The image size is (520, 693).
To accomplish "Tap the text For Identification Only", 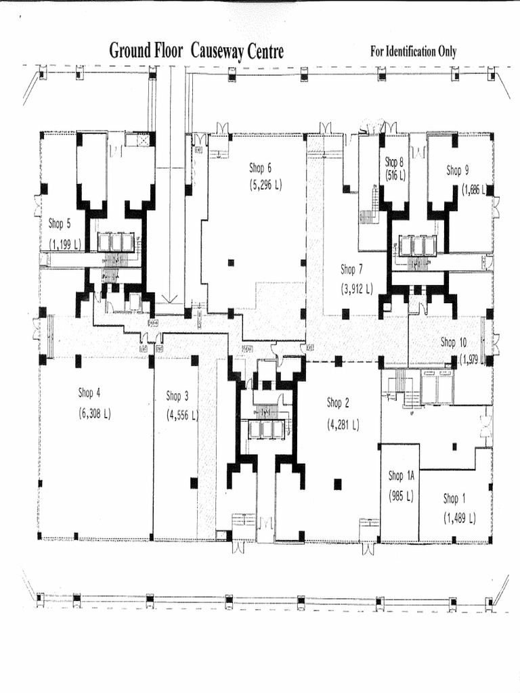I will pos(413,51).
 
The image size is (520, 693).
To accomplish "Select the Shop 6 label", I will pos(260,169).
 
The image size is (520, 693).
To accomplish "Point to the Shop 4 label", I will pos(89,393).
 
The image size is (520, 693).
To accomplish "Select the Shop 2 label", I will pos(338,403).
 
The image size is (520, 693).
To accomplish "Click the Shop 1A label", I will pos(400,476).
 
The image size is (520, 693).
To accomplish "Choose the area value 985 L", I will pos(400,495).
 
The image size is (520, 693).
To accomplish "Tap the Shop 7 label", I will pos(352,269).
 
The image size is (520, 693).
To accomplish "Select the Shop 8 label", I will pos(394,162).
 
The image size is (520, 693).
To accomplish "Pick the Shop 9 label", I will pos(457,171).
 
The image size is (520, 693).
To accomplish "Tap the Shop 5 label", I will pos(59,223).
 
